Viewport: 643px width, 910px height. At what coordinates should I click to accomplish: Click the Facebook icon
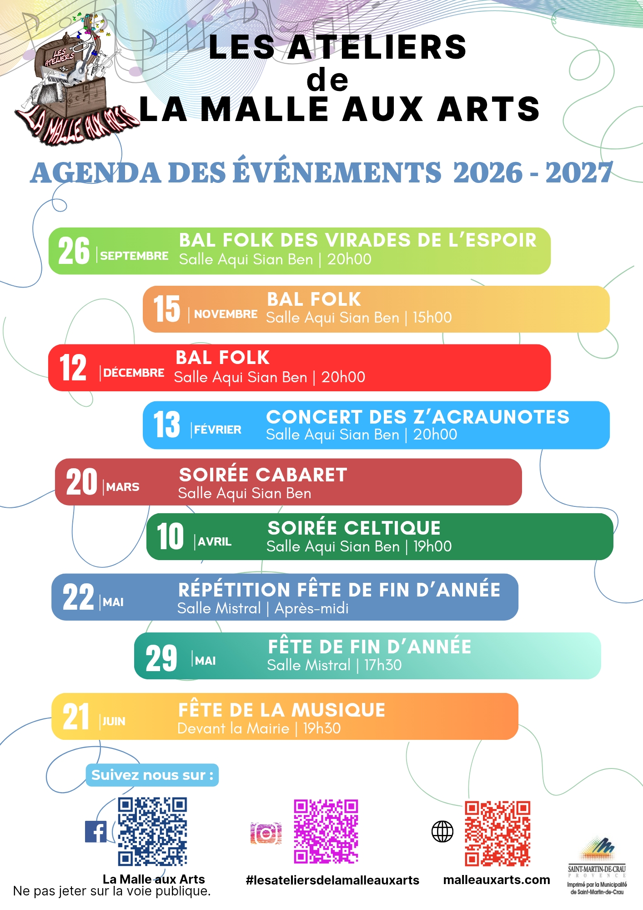click(x=96, y=831)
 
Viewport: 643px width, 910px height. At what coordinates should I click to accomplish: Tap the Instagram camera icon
click(x=266, y=833)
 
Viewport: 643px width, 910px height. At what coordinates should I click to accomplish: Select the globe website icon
click(x=442, y=832)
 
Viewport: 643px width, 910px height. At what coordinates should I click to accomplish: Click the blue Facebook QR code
click(x=153, y=831)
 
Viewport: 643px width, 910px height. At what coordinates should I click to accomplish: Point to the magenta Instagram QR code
click(x=326, y=831)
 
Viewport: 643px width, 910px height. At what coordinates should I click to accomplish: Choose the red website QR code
click(x=497, y=834)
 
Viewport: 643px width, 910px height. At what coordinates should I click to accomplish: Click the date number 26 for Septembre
click(x=74, y=251)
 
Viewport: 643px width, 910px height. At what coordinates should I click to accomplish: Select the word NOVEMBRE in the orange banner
click(x=226, y=314)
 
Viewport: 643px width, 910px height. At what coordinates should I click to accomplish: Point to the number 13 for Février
click(x=166, y=425)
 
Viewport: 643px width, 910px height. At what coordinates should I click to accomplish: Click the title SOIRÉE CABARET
click(x=263, y=475)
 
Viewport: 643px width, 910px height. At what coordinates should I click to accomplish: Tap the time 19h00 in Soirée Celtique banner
click(x=432, y=546)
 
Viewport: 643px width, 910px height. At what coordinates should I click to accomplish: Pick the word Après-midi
click(x=311, y=608)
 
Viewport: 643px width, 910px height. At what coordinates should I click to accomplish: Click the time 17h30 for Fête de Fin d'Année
click(x=383, y=665)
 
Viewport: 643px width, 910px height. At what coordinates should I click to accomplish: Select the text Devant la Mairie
click(x=233, y=728)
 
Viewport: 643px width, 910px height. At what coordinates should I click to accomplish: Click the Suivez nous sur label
click(x=152, y=775)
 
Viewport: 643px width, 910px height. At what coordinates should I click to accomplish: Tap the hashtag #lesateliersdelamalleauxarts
click(x=332, y=880)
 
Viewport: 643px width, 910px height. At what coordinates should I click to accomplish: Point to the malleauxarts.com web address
click(x=497, y=880)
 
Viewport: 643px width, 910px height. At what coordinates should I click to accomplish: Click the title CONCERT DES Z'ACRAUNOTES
click(x=418, y=417)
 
